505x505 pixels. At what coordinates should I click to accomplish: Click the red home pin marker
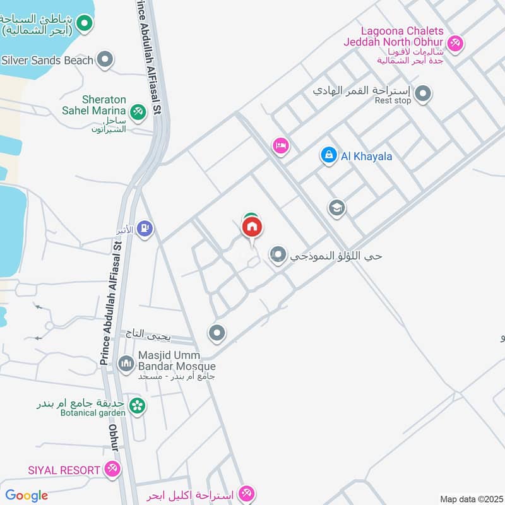252,228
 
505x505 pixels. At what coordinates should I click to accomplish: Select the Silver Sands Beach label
47,61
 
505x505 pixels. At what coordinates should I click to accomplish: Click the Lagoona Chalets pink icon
456,43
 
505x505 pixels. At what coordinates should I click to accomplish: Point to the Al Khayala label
367,156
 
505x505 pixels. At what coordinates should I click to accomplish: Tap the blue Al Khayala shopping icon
328,155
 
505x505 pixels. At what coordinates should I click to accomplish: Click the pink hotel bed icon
281,146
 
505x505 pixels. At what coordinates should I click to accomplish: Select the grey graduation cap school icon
336,208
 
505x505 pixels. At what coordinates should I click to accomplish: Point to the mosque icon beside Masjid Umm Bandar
126,364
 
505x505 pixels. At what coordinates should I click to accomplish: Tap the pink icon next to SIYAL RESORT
112,469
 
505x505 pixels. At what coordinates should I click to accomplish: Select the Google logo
27,496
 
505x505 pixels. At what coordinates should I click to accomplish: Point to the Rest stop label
393,100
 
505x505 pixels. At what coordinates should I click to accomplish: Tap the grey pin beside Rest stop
424,95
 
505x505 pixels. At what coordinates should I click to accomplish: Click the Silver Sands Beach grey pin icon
105,60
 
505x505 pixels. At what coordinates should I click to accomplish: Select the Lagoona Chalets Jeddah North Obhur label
402,37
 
